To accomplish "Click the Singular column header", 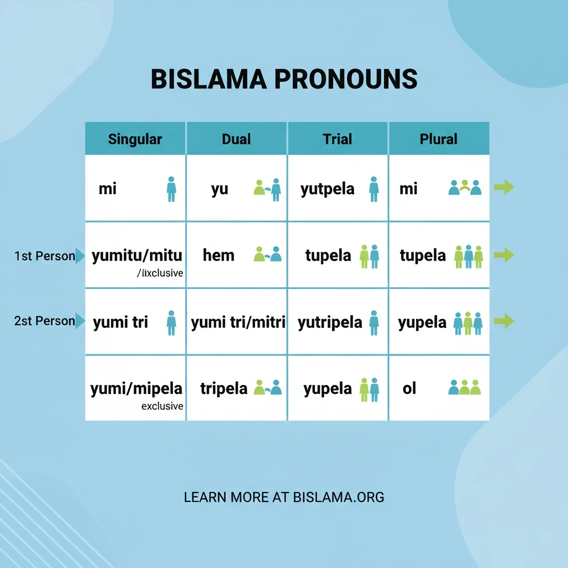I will tap(135, 139).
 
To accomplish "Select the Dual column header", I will tap(236, 139).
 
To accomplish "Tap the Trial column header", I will tap(337, 139).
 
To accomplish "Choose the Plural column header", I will tap(438, 139).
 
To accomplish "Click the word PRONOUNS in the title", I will tap(346, 80).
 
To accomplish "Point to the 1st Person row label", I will tap(44, 256).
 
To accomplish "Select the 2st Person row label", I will tap(44, 321).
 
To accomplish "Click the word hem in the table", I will tap(219, 255).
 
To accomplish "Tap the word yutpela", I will tap(327, 189).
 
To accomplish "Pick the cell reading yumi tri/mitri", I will tap(237, 322).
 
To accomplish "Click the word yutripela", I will tap(329, 322).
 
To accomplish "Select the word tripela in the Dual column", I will tap(224, 388).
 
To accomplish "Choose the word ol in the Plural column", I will tap(409, 388).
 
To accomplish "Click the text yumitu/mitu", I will tap(136, 255).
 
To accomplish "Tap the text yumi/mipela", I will tap(136, 388).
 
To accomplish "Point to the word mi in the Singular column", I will tap(108, 189).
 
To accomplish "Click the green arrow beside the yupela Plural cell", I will tap(504, 321).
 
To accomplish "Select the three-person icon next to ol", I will tap(464, 387).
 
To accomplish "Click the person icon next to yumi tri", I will tap(171, 322).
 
